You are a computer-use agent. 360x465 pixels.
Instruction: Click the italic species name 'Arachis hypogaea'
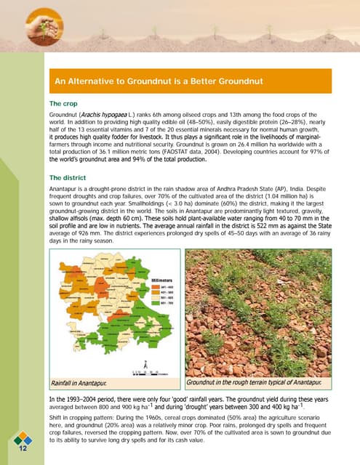(x=103, y=116)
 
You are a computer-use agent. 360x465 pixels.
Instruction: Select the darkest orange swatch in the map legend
(x=156, y=286)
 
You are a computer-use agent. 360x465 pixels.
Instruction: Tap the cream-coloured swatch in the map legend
(x=156, y=298)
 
